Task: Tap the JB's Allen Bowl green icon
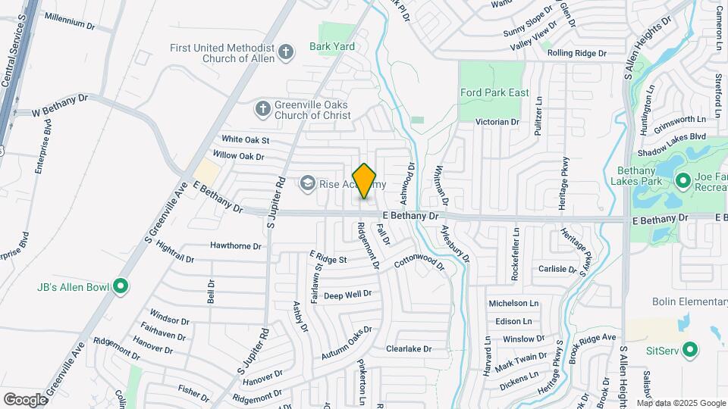(121, 286)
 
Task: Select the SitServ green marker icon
(689, 350)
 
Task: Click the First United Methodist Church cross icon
(285, 52)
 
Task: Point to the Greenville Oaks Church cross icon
(262, 108)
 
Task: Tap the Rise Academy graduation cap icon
(307, 183)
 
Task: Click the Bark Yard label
(332, 46)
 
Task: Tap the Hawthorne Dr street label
(236, 246)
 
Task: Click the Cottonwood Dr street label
(419, 261)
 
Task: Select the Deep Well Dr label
(347, 294)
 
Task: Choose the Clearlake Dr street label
(408, 349)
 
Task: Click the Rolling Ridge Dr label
(578, 53)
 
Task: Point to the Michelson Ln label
(513, 303)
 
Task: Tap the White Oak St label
(245, 139)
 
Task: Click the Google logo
(25, 399)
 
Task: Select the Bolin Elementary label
(689, 301)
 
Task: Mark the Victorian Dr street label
(497, 121)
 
